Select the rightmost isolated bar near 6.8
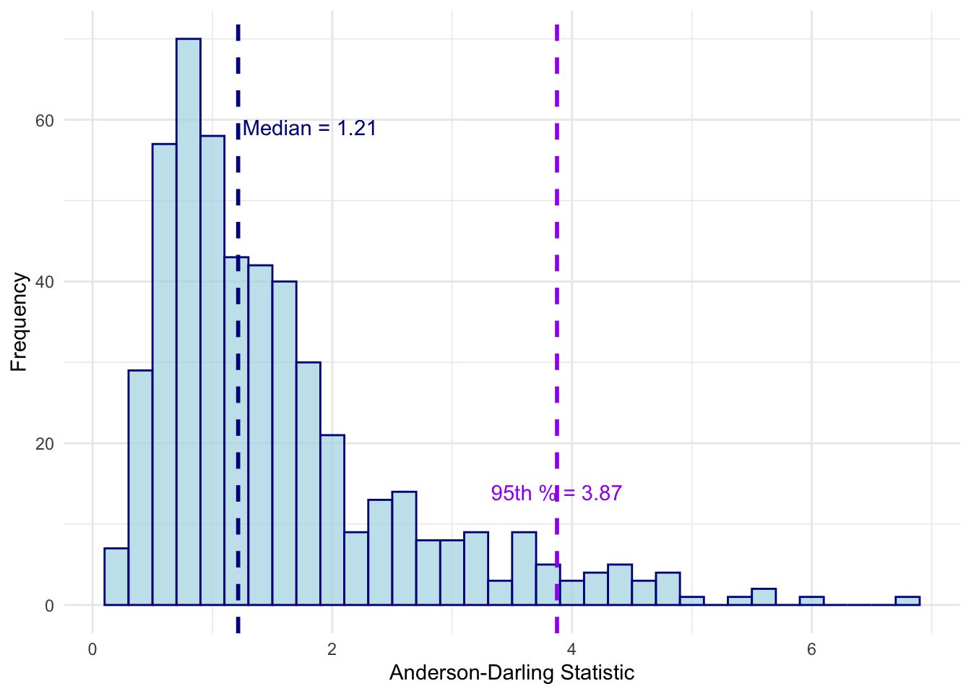pyautogui.click(x=907, y=601)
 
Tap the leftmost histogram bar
pyautogui.click(x=116, y=577)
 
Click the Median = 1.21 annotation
pyautogui.click(x=309, y=129)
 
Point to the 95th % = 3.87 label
pyautogui.click(x=556, y=493)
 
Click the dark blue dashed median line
pyautogui.click(x=238, y=217)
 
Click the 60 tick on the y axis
pyautogui.click(x=45, y=120)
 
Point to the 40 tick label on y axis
pyautogui.click(x=45, y=282)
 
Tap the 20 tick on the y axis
pyautogui.click(x=45, y=444)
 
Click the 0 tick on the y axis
pyautogui.click(x=49, y=606)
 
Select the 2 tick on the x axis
pyautogui.click(x=332, y=648)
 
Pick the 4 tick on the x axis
pyautogui.click(x=571, y=648)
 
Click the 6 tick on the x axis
pyautogui.click(x=811, y=648)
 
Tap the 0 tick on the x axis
pyautogui.click(x=92, y=648)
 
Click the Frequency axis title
pyautogui.click(x=19, y=322)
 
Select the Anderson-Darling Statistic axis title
pyautogui.click(x=512, y=673)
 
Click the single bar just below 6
pyautogui.click(x=811, y=601)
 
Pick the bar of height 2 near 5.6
pyautogui.click(x=764, y=597)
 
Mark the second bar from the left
pyautogui.click(x=140, y=488)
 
